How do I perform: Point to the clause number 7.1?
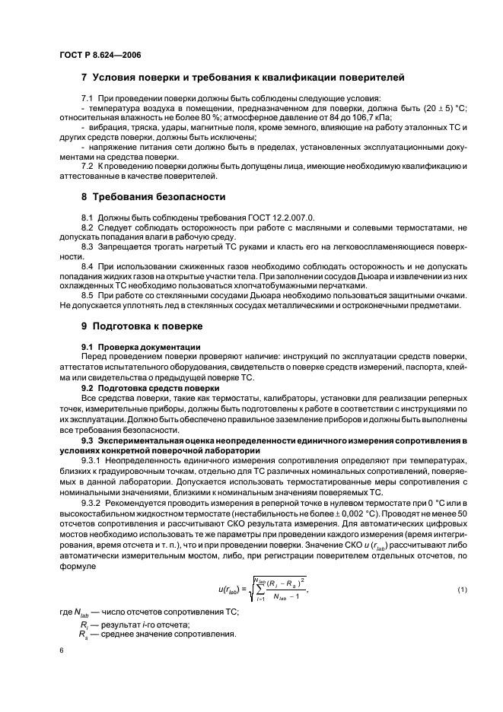(x=88, y=98)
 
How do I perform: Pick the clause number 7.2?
(x=88, y=166)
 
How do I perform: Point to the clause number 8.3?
(x=88, y=248)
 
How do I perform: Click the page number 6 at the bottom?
(x=61, y=651)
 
